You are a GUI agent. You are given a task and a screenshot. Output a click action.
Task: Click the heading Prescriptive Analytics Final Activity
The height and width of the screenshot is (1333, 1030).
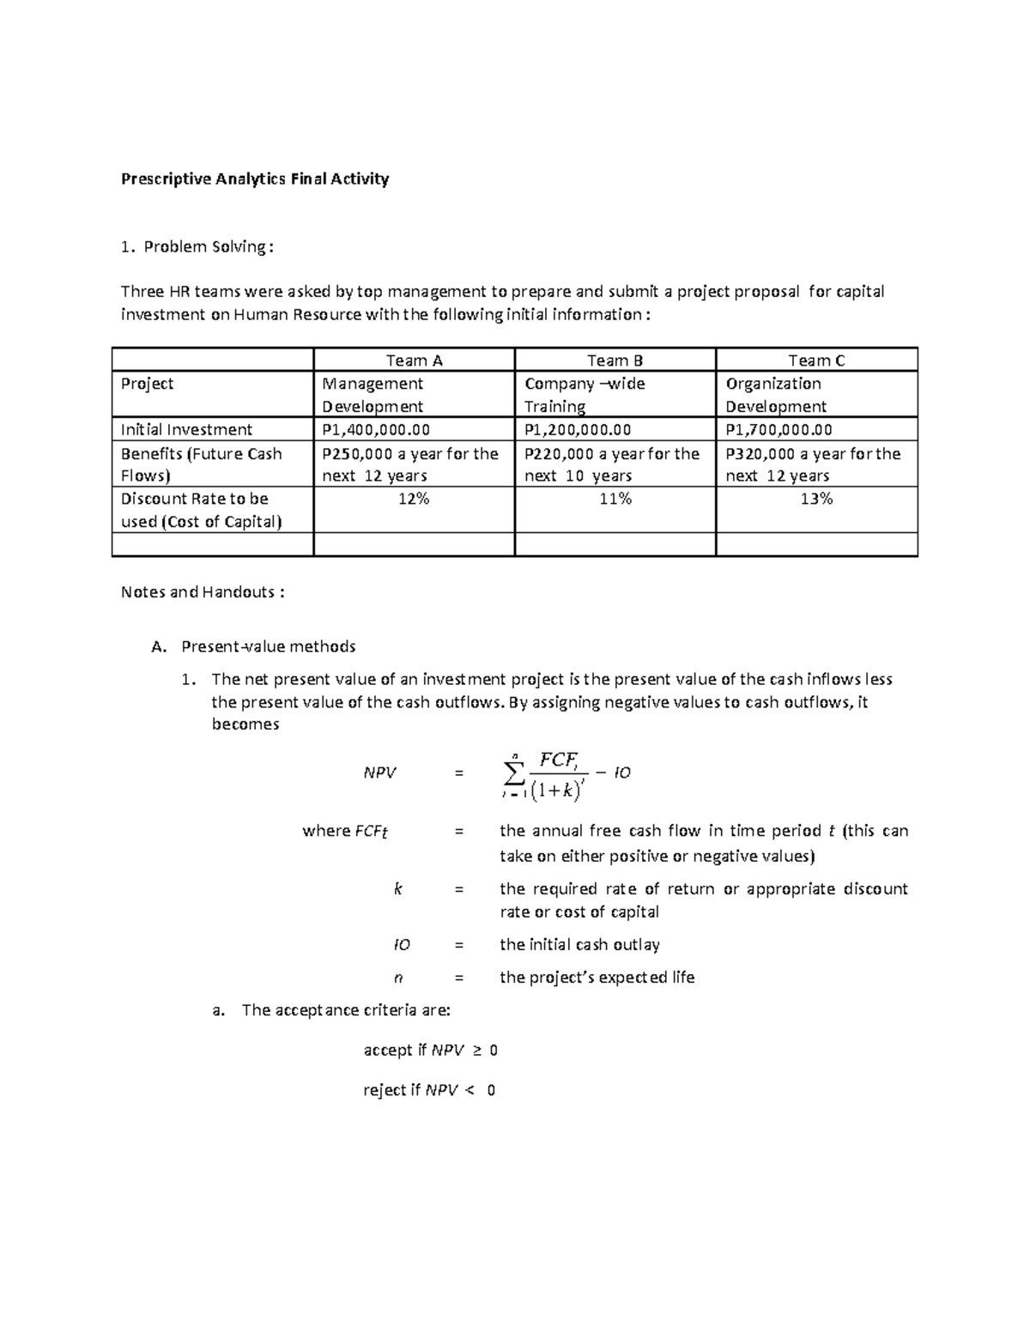255,179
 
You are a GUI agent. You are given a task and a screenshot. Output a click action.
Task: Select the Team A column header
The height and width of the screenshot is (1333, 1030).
414,361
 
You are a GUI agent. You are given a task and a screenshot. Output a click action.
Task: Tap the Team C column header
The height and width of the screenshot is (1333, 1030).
816,361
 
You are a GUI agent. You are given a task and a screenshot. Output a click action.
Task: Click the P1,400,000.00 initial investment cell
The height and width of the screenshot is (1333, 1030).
376,430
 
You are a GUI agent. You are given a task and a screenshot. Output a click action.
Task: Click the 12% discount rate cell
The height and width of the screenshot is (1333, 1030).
414,499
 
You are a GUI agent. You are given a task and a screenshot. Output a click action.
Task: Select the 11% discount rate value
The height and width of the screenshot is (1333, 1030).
615,499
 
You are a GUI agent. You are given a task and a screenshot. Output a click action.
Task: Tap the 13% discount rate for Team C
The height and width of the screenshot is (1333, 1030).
816,499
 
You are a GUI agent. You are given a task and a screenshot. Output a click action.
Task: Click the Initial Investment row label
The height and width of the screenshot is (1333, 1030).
186,430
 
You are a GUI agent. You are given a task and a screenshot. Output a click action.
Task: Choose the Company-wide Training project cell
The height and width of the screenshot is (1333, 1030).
585,395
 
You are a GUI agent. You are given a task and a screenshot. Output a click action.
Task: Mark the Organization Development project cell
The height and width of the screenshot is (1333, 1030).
775,395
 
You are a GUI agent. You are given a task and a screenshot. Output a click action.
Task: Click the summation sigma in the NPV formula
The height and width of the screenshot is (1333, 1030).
513,773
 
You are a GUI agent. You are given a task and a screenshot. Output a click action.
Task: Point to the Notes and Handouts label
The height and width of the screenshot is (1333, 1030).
203,592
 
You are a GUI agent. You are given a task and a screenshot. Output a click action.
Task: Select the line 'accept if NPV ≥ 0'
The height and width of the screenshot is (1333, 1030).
430,1051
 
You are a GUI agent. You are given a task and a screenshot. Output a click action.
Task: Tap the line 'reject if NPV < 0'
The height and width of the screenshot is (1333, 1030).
428,1091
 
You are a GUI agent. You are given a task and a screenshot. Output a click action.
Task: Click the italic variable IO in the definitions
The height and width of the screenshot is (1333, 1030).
401,945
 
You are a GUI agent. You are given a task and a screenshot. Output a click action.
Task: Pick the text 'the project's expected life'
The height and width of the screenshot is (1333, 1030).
597,978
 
